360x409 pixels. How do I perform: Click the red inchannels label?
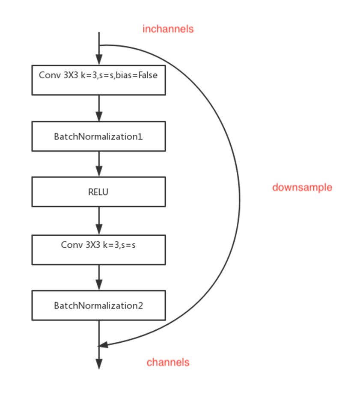click(168, 29)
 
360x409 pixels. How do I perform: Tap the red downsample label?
click(302, 187)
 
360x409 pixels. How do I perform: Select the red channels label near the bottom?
click(168, 362)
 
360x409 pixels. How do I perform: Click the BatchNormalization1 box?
click(99, 136)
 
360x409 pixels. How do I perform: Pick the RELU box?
click(99, 192)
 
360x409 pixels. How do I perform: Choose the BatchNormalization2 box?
click(99, 305)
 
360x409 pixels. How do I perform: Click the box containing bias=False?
click(99, 80)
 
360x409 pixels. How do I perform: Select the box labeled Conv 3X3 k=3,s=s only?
click(99, 249)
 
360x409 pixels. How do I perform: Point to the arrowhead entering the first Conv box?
click(99, 60)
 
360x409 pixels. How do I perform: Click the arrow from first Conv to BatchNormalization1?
click(99, 108)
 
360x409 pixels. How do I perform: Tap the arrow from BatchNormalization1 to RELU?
click(99, 164)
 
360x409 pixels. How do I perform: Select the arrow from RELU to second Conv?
click(99, 221)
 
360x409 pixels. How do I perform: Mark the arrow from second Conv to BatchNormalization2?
click(99, 278)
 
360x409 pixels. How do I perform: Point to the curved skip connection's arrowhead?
click(103, 345)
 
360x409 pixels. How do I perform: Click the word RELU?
click(98, 192)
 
